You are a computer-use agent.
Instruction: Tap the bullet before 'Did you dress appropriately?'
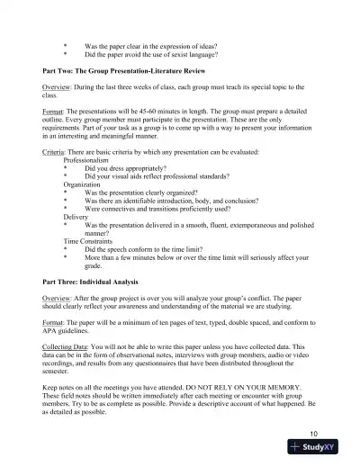point(65,168)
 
